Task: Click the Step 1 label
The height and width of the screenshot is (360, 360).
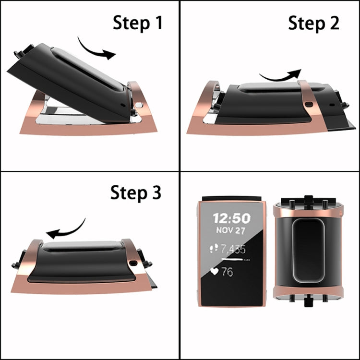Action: coord(138,22)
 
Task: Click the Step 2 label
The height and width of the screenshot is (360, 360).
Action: coord(313,22)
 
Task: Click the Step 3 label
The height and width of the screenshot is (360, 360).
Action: coord(136,192)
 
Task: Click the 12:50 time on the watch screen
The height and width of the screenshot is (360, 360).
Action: coord(232,218)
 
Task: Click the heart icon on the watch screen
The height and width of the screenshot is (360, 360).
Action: coord(215,271)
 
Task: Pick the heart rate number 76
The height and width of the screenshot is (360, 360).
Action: coord(228,272)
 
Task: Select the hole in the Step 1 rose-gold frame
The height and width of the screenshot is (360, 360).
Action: coord(139,104)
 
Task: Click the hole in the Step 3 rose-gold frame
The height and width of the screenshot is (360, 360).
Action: coord(132,263)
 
